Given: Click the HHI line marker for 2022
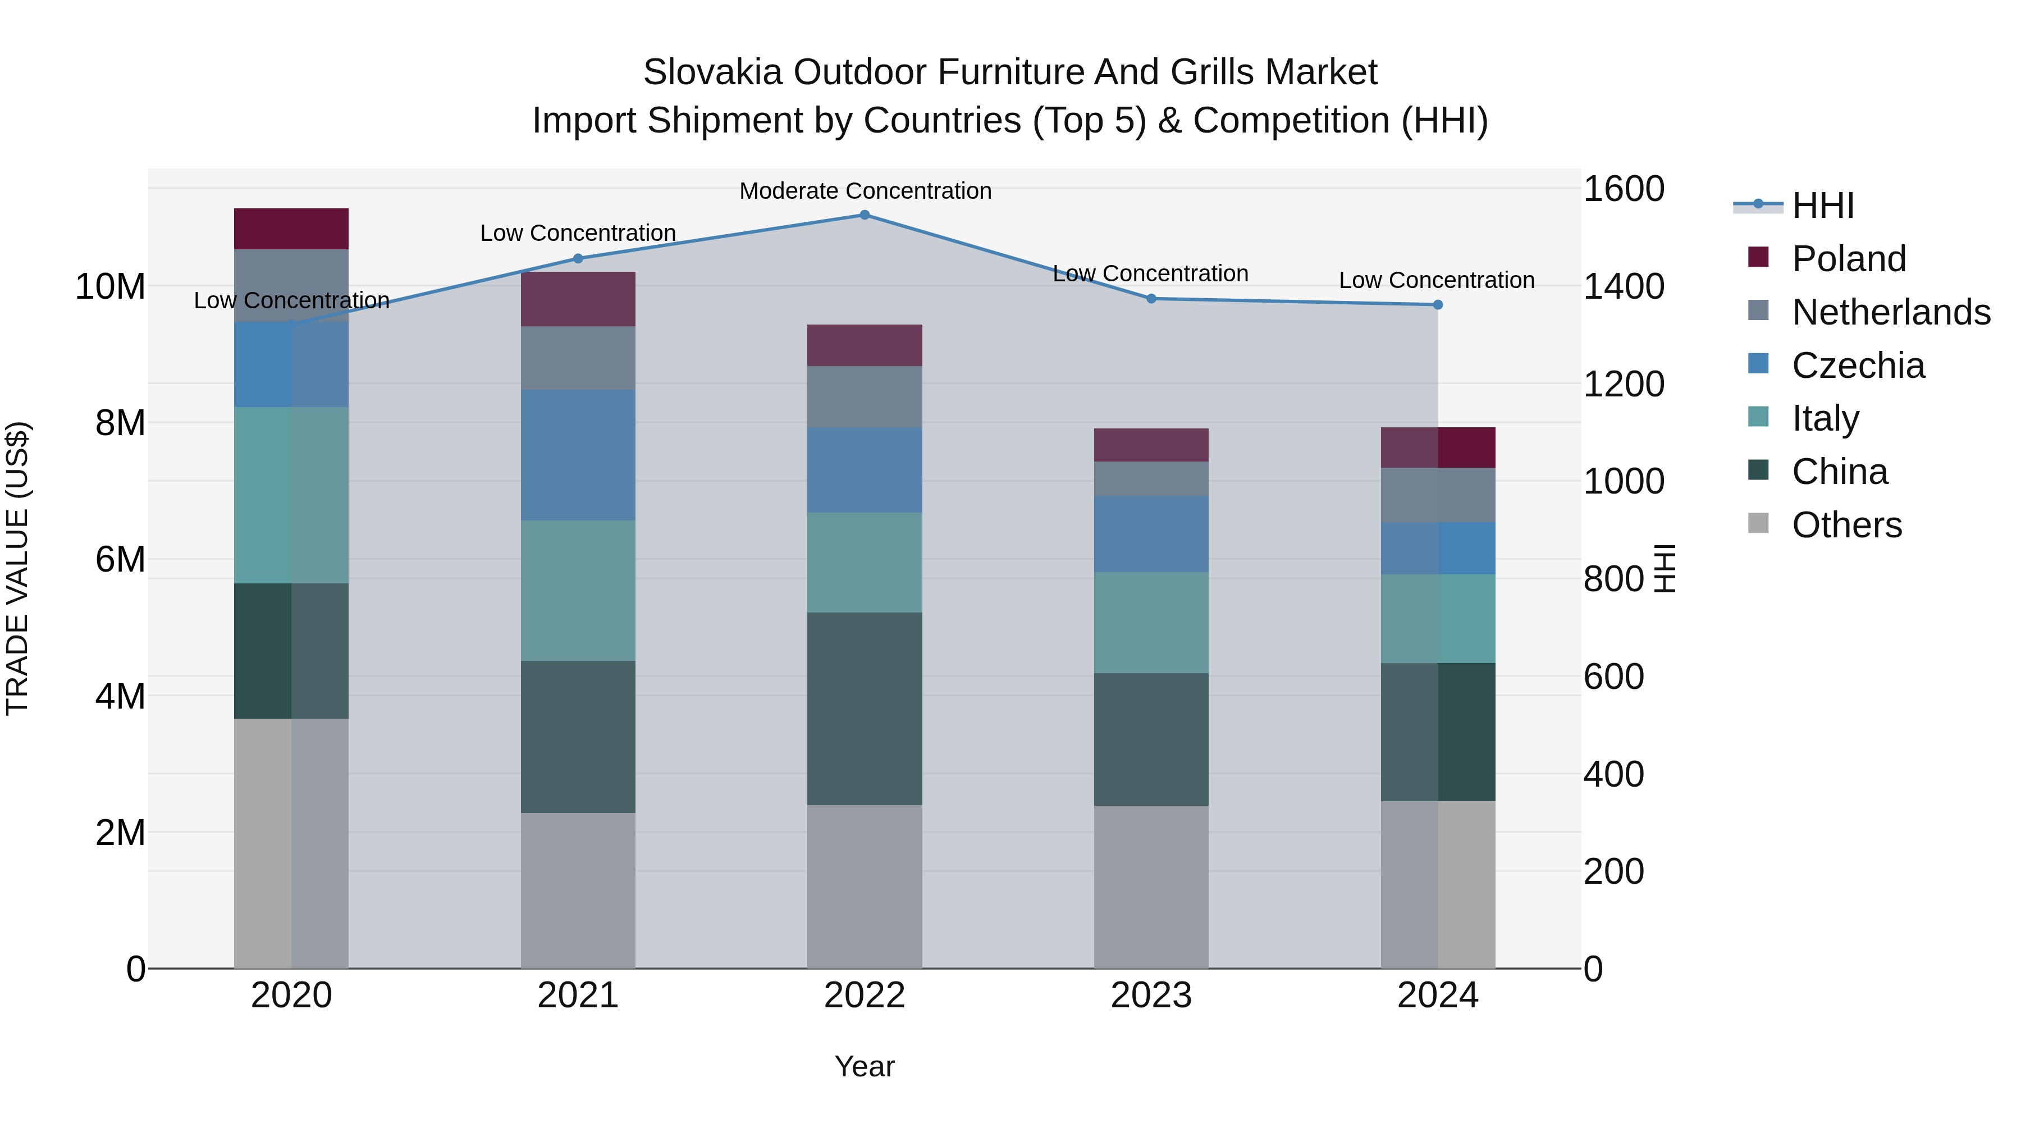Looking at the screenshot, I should pyautogui.click(x=865, y=214).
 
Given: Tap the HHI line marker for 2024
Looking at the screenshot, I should pyautogui.click(x=1437, y=304).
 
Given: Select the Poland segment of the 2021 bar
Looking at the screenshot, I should pyautogui.click(x=578, y=299).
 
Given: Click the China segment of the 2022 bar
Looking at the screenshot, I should pyautogui.click(x=865, y=709).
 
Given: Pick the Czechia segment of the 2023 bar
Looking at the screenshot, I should pyautogui.click(x=1151, y=533).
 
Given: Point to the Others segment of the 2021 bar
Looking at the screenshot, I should pyautogui.click(x=578, y=890).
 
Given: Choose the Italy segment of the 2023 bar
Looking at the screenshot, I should pyautogui.click(x=1151, y=622).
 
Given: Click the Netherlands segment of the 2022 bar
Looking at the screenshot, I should pyautogui.click(x=865, y=396).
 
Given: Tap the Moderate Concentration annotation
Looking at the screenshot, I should pyautogui.click(x=865, y=191).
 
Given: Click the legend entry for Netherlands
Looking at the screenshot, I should pyautogui.click(x=1891, y=312).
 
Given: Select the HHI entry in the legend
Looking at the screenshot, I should pyautogui.click(x=1822, y=206).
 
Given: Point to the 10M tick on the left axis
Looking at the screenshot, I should pyautogui.click(x=110, y=286).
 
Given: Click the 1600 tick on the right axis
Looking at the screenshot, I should pyautogui.click(x=1623, y=189).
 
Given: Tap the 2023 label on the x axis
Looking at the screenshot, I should pyautogui.click(x=1151, y=996).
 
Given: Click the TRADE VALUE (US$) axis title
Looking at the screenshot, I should pyautogui.click(x=17, y=568).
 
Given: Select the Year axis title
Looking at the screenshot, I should pyautogui.click(x=865, y=1066).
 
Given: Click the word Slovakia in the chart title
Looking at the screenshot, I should pyautogui.click(x=712, y=72).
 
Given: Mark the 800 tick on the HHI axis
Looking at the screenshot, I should pyautogui.click(x=1613, y=579).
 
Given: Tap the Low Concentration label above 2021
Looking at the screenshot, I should pyautogui.click(x=578, y=233).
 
